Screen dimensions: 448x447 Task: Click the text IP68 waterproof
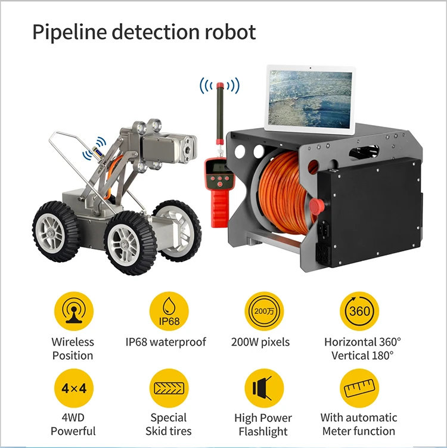pos(166,342)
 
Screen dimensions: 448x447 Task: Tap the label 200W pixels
pos(260,342)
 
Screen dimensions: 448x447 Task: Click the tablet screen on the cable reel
pos(309,98)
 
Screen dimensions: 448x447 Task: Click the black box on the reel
pos(370,209)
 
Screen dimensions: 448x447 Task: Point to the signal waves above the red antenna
pos(219,85)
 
